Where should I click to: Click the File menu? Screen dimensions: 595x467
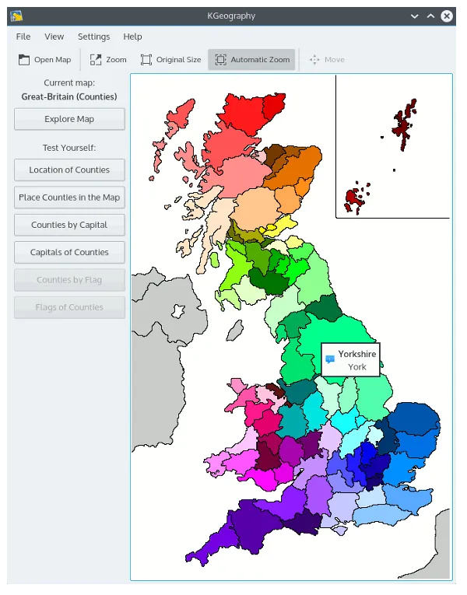23,37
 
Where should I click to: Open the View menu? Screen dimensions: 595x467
54,37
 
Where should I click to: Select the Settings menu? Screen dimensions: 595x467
93,37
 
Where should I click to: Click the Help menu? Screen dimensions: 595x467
132,37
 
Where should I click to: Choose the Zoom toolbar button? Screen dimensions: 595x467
108,60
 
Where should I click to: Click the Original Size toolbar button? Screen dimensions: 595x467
170,60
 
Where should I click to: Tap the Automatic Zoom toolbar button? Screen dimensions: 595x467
251,60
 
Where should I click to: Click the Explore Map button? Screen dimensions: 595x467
69,119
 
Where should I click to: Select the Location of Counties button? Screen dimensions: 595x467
69,170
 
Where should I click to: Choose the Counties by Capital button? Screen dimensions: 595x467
69,225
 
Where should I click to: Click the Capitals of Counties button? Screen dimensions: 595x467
69,252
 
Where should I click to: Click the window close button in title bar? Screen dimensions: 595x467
447,16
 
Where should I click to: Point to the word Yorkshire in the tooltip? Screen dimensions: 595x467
356,354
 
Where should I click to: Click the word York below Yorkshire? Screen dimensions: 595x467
356,366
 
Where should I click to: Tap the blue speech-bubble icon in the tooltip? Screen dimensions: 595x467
330,359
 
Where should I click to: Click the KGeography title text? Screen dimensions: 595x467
233,16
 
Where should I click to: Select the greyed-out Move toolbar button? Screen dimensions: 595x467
326,60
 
